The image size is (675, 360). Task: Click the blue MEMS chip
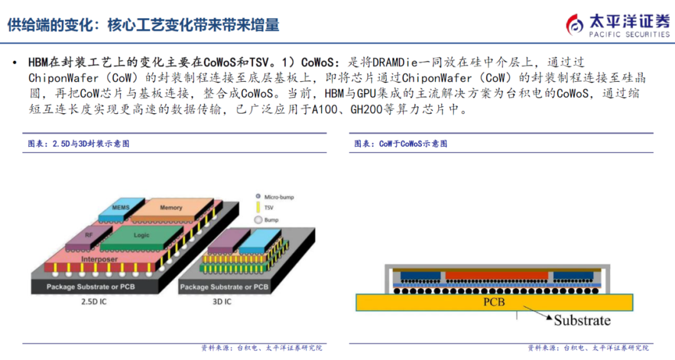click(120, 208)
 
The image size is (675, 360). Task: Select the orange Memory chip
click(170, 208)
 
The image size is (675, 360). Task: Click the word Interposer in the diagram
click(100, 259)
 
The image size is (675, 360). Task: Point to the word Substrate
click(582, 320)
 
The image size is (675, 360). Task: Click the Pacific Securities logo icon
click(575, 24)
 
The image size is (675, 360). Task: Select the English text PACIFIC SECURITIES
click(629, 34)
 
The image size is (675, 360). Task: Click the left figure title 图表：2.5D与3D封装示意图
click(79, 143)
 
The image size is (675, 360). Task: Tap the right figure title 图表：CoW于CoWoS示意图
click(401, 143)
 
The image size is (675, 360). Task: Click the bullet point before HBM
click(14, 62)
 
